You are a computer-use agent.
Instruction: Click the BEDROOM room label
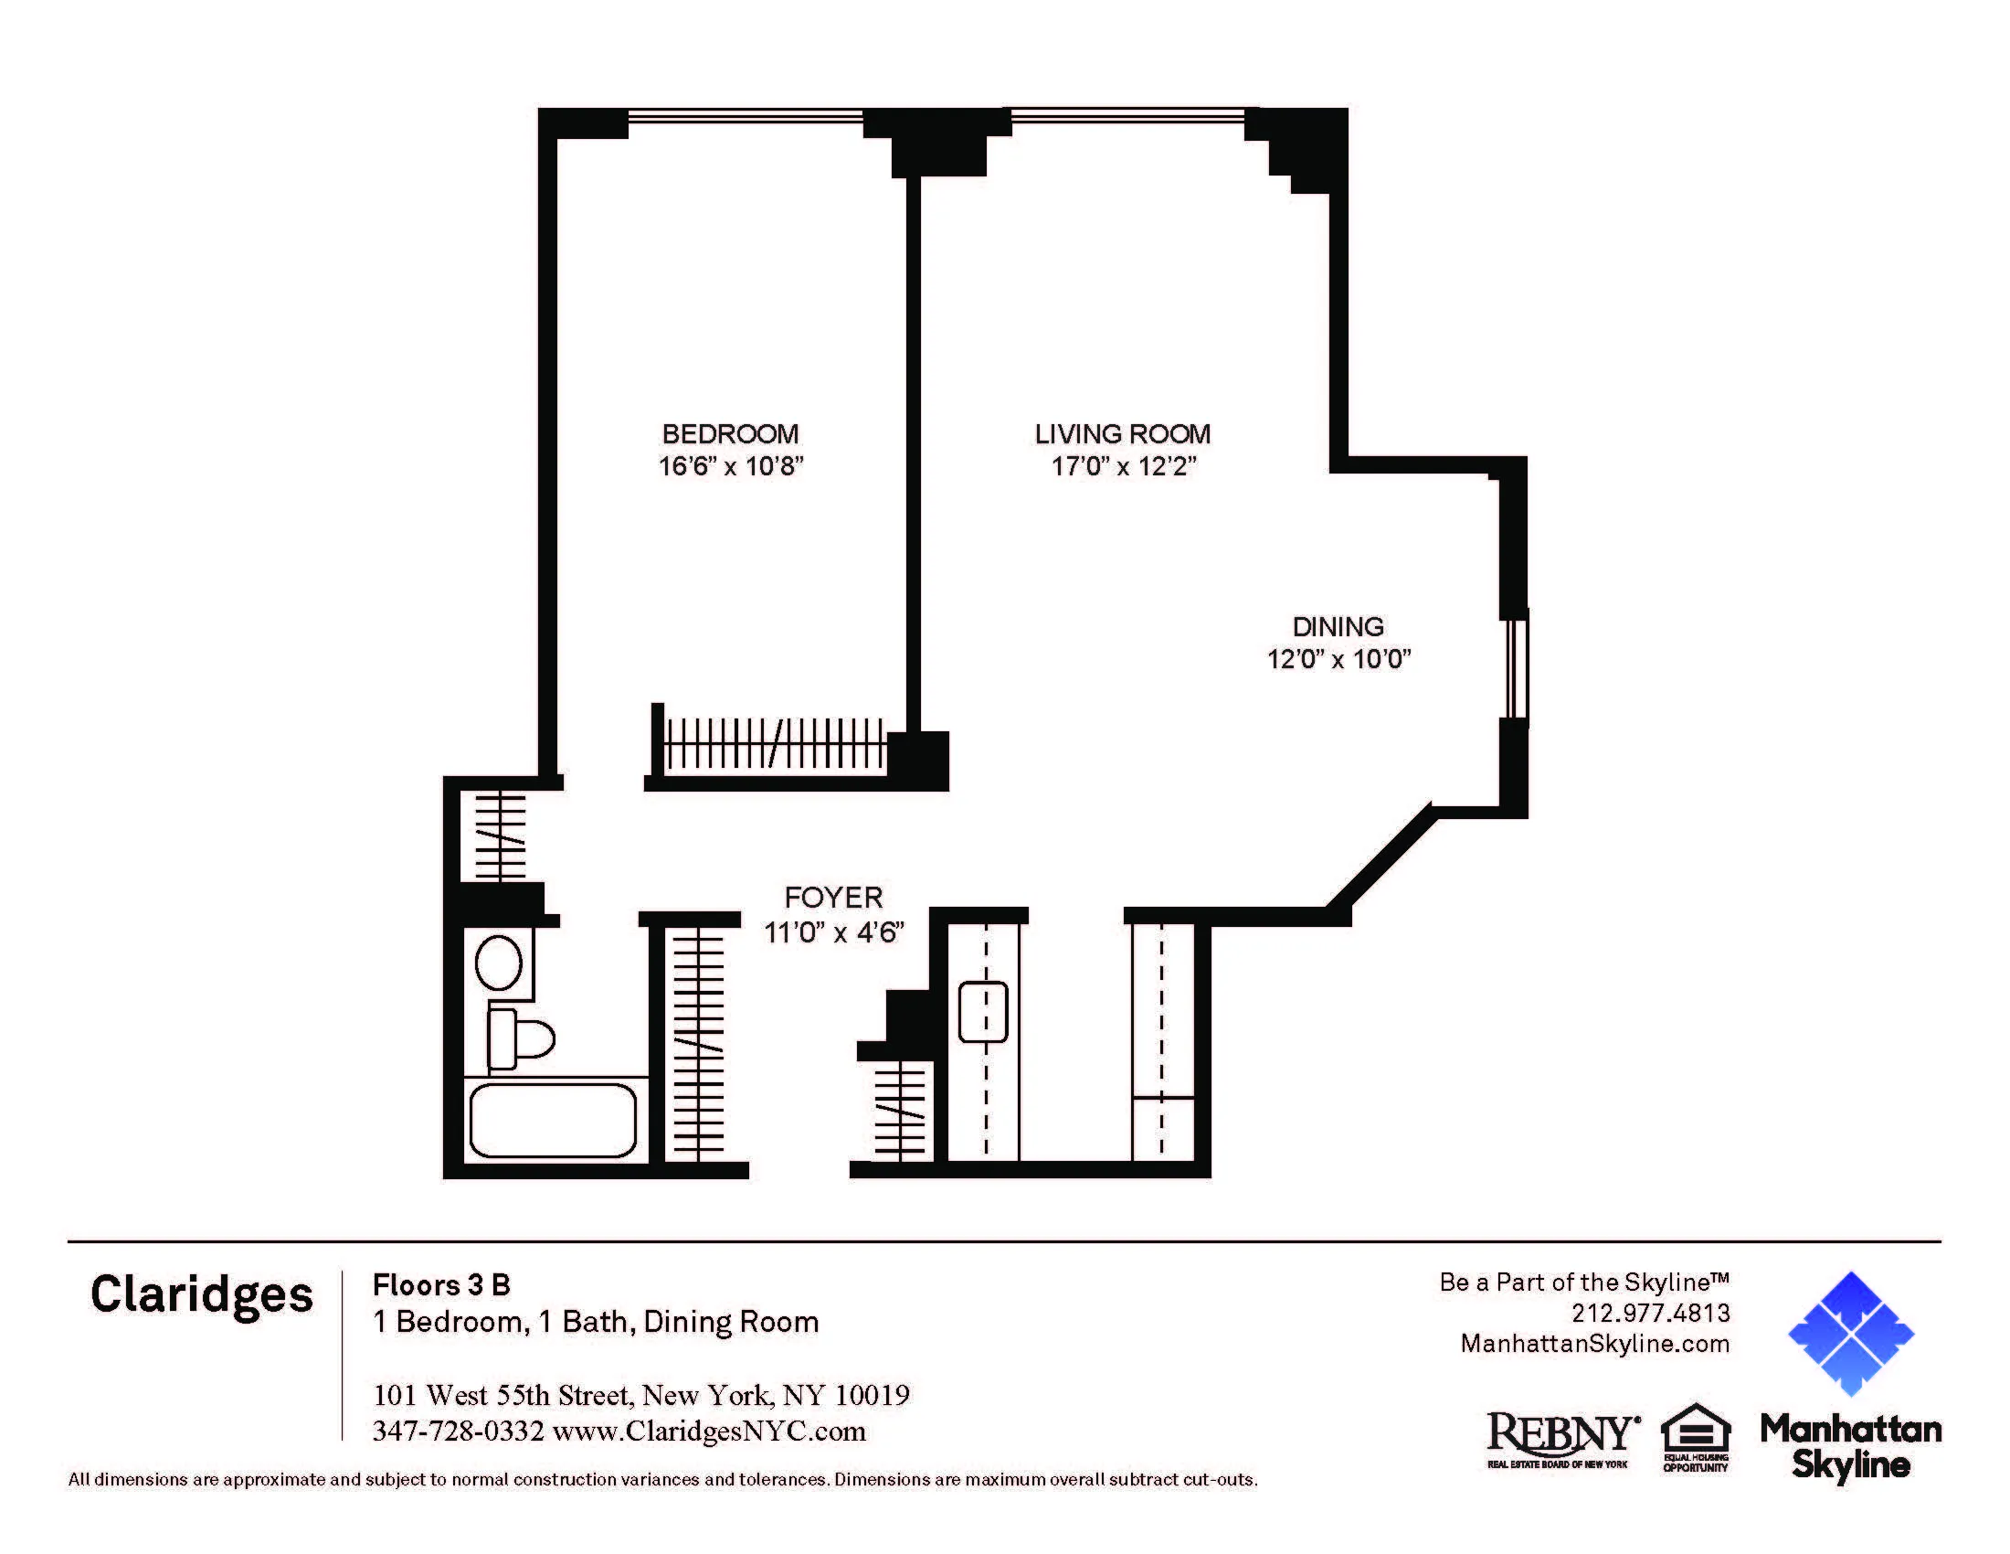730,433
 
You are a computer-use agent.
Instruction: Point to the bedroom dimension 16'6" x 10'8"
730,467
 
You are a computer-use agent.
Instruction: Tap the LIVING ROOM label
1122,433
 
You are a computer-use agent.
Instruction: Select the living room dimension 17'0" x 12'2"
1122,467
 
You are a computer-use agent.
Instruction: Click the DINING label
1338,627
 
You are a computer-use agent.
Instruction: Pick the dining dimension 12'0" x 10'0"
1338,659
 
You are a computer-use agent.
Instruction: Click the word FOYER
833,898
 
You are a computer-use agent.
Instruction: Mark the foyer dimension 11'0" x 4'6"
833,932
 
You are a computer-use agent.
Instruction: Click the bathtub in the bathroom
552,1120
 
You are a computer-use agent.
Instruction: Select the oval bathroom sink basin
498,963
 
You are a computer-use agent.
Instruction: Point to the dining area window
1515,668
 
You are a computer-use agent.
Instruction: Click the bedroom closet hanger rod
773,744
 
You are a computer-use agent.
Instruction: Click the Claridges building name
202,1294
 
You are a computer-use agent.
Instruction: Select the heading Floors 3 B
441,1284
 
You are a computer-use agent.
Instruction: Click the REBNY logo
1560,1434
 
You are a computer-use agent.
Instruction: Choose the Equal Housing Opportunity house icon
1695,1428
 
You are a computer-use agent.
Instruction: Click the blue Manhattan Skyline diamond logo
1850,1333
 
